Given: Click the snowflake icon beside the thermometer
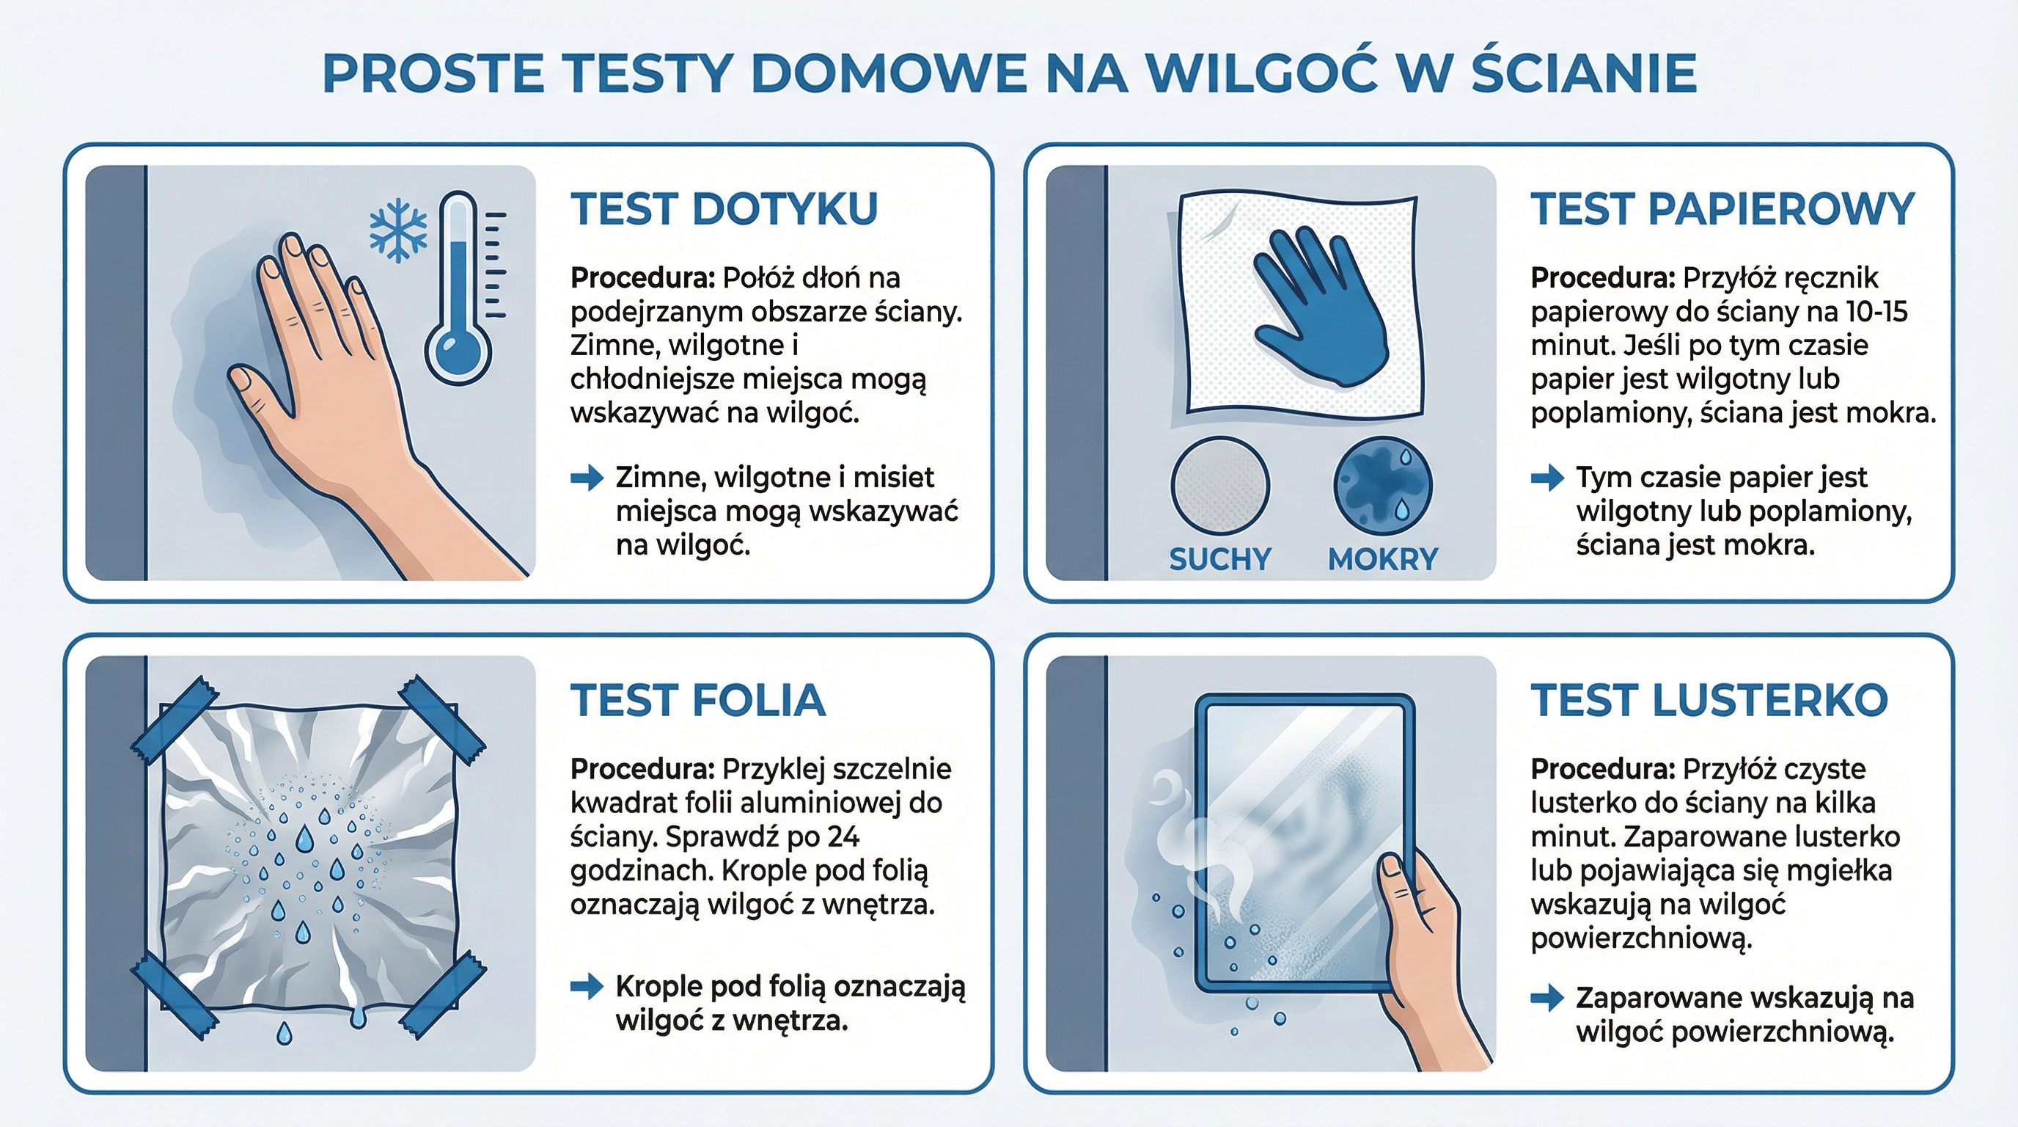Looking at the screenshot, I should (398, 230).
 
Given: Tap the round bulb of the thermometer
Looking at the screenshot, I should (458, 350).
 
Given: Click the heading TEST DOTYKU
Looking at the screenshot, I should (724, 209).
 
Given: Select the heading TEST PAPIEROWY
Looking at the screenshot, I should (1722, 209).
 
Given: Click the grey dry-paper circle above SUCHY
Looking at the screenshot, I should (1219, 486).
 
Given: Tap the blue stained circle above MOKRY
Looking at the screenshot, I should (1382, 486).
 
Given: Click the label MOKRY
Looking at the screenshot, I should (1383, 559).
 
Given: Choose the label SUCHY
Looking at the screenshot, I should (1219, 559).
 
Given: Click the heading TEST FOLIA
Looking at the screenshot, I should (698, 700).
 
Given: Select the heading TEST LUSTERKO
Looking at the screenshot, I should (1709, 700).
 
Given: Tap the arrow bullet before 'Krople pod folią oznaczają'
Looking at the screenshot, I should (587, 986).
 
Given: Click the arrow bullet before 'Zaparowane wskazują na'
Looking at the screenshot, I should (1546, 998).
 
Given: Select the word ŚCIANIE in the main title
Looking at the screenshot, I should (1584, 73).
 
